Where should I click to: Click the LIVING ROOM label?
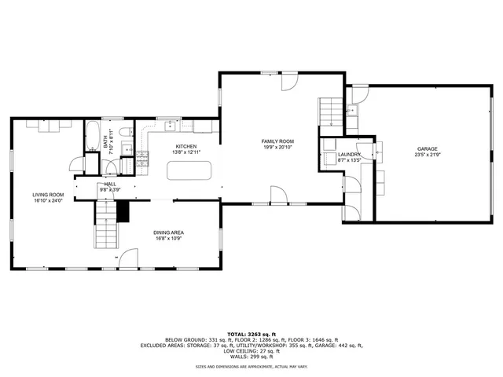(48, 194)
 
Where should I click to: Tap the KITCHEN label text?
(185, 146)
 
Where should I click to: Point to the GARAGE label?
(428, 148)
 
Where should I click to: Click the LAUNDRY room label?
(349, 155)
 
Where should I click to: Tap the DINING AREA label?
(169, 232)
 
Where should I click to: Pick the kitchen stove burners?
(142, 159)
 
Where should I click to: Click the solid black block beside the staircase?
(122, 210)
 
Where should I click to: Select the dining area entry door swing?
(126, 258)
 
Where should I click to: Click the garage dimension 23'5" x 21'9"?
(428, 155)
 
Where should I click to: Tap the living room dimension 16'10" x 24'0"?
(48, 200)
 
